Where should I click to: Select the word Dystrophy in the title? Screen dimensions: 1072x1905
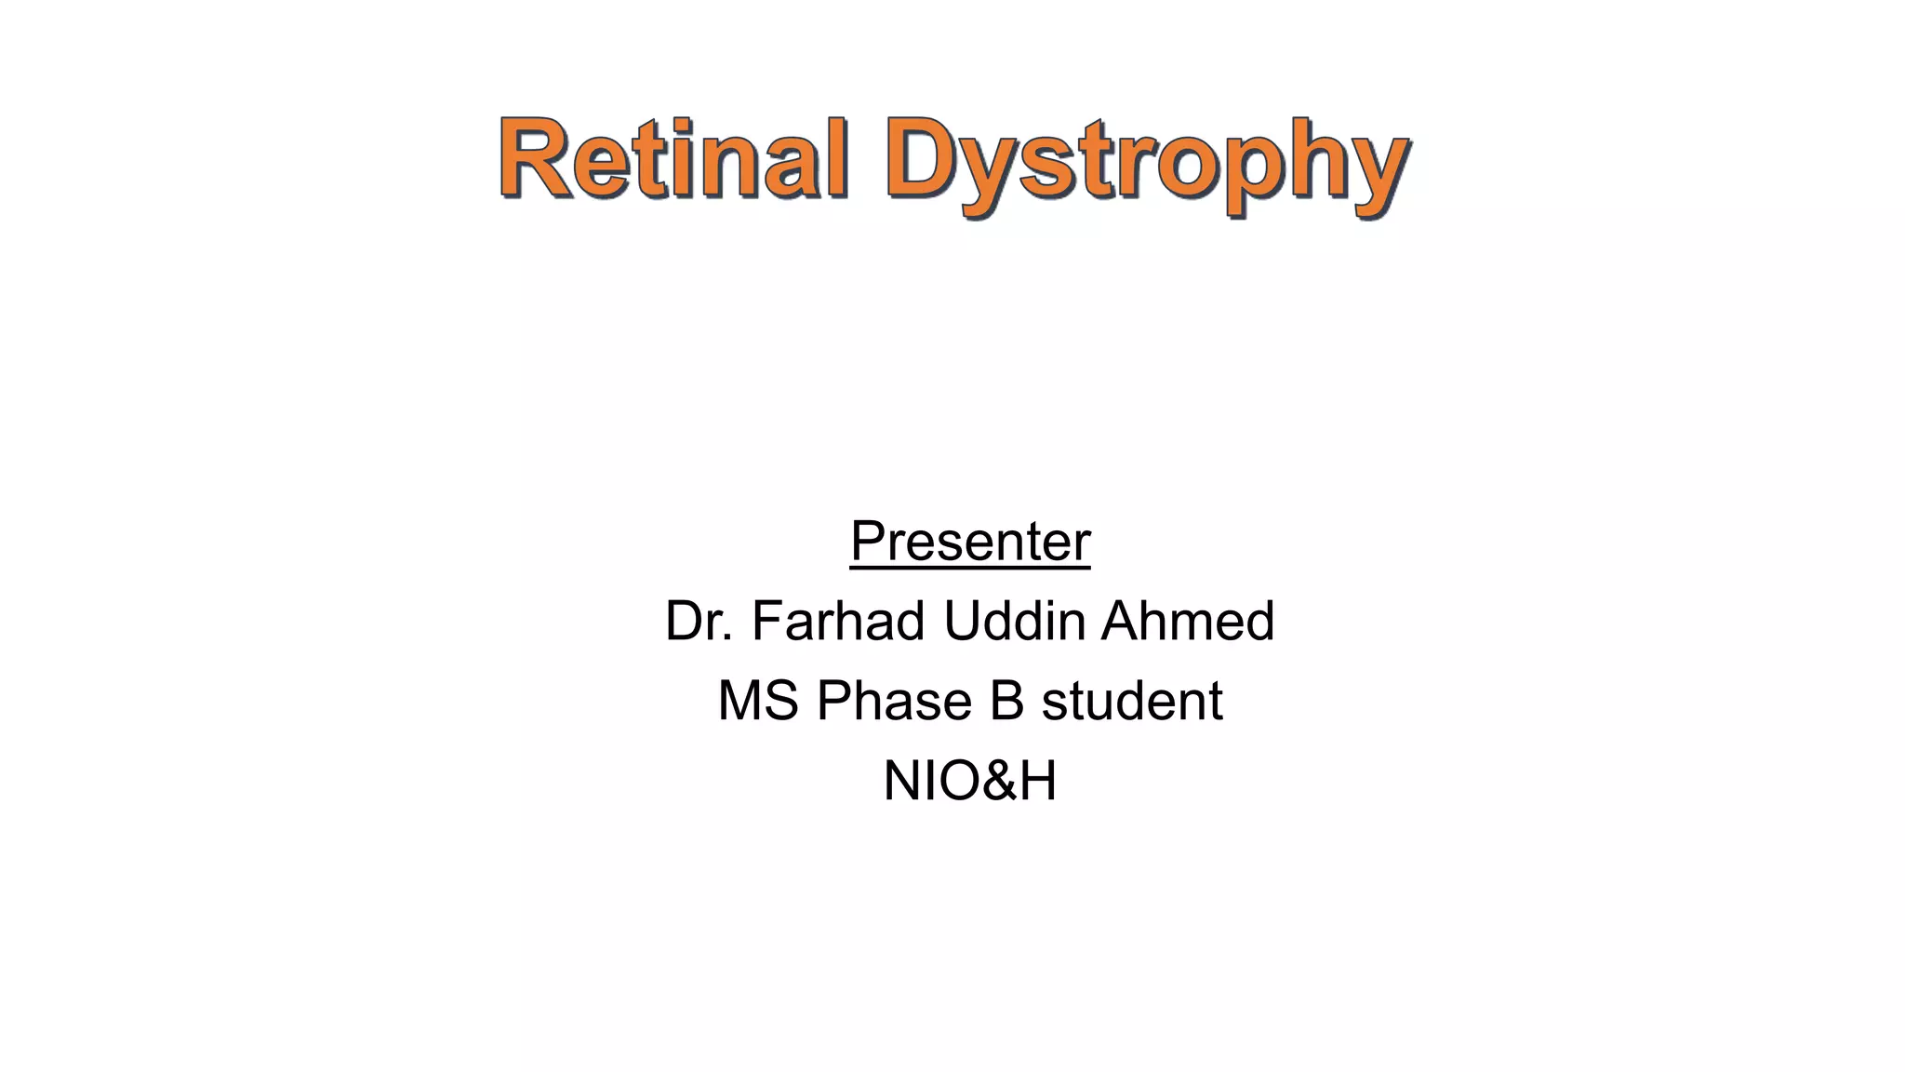point(1146,163)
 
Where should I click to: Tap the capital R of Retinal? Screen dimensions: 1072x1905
point(536,158)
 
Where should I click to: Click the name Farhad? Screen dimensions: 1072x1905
point(838,621)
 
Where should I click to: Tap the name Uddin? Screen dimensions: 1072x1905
point(1014,621)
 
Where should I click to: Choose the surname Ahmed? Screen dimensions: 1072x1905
point(1188,621)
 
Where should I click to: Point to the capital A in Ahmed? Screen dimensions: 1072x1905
point(1122,621)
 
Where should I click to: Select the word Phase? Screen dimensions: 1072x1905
point(894,701)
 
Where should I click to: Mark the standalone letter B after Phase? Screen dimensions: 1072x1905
point(1006,701)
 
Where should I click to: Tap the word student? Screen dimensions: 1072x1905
point(1131,701)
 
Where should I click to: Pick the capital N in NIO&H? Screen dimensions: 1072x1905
point(901,781)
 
